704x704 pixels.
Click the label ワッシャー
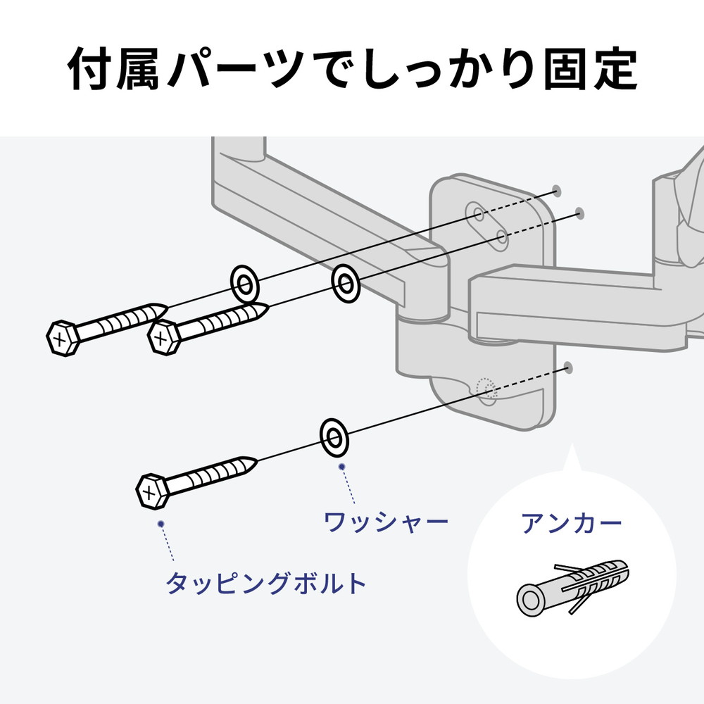coord(386,522)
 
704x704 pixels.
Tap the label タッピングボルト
coord(266,583)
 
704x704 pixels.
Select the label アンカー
coord(571,522)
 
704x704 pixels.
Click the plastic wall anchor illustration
coord(572,588)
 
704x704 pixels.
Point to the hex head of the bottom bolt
coord(152,491)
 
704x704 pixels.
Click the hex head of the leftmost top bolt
coord(63,338)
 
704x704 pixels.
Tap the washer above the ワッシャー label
coord(334,437)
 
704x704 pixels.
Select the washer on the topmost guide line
coord(245,284)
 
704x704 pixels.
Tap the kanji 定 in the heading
coord(615,70)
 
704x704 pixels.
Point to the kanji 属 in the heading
coord(138,70)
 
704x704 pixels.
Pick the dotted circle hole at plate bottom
coord(486,389)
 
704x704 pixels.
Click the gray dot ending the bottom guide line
coord(568,368)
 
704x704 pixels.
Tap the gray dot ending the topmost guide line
coord(557,191)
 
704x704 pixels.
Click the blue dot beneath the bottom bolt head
coord(161,524)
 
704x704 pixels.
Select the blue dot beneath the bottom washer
coord(341,467)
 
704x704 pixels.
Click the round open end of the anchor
coord(531,600)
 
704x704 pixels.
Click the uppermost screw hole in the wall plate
coord(479,214)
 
